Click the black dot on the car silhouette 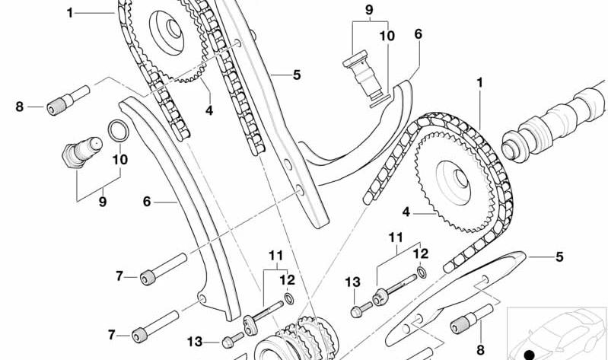click(x=529, y=355)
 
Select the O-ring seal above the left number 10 click(x=118, y=131)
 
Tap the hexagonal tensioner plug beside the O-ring click(x=82, y=151)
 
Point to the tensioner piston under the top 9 click(x=364, y=78)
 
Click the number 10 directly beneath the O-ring click(x=120, y=159)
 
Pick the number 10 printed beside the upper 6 click(x=387, y=36)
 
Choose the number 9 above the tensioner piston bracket click(x=369, y=10)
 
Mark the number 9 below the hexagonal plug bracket click(x=103, y=202)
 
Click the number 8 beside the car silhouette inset click(x=480, y=350)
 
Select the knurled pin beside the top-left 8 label click(x=68, y=100)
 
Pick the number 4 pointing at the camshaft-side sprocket click(x=406, y=212)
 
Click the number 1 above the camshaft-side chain click(x=480, y=83)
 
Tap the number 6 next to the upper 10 click(x=418, y=34)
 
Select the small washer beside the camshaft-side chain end click(x=422, y=272)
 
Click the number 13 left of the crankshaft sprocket click(x=195, y=342)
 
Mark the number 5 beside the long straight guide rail click(x=297, y=75)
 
